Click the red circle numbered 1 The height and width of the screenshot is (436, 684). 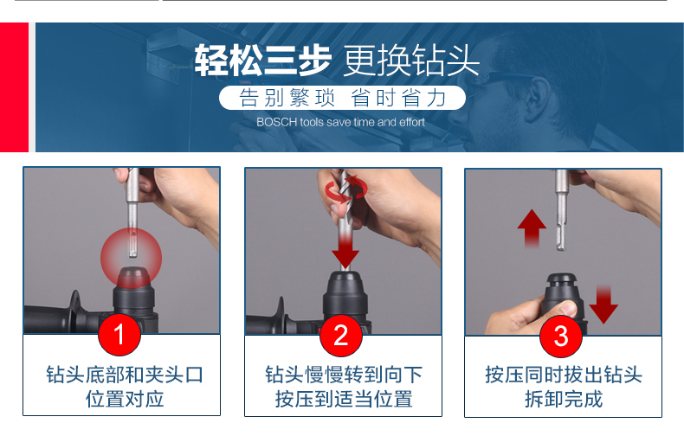point(119,335)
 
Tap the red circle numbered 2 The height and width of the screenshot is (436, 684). point(340,335)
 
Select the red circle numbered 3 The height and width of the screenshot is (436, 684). point(561,336)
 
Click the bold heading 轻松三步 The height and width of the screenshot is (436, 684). point(262,61)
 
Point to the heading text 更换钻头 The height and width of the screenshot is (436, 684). point(411,61)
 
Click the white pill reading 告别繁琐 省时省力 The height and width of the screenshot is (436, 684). point(343,98)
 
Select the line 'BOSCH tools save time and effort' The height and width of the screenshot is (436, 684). point(340,122)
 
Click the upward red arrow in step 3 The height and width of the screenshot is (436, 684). point(532,228)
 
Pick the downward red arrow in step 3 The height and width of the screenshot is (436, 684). point(603,305)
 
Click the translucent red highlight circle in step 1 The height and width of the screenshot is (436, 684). point(132,258)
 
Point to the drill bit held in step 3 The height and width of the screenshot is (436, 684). point(561,210)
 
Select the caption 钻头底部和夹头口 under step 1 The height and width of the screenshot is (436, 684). point(125,375)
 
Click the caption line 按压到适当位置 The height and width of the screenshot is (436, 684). point(344,399)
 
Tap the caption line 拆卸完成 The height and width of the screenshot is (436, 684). point(564,399)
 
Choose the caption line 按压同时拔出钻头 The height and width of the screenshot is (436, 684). point(564,375)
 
